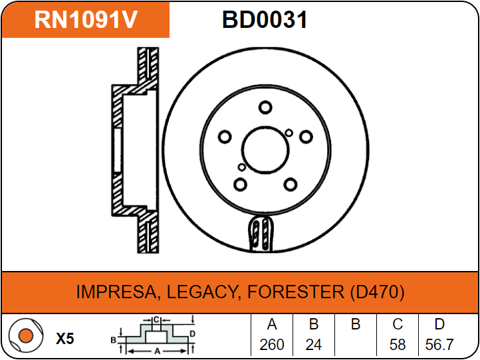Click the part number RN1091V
[86, 19]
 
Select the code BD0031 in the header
[265, 19]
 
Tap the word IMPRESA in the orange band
[116, 292]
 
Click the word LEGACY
[202, 292]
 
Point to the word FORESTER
[296, 292]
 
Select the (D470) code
[377, 292]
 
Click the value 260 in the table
[272, 345]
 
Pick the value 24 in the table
[314, 345]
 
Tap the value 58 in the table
[398, 345]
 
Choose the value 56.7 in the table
[439, 345]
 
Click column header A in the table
[272, 324]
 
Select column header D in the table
[439, 324]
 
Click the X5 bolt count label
[65, 339]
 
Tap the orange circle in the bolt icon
[26, 335]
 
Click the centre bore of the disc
[265, 150]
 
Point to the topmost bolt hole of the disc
[265, 108]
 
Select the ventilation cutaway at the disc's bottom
[261, 233]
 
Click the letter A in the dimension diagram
[157, 351]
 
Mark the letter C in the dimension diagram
[156, 320]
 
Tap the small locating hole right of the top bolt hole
[289, 133]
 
